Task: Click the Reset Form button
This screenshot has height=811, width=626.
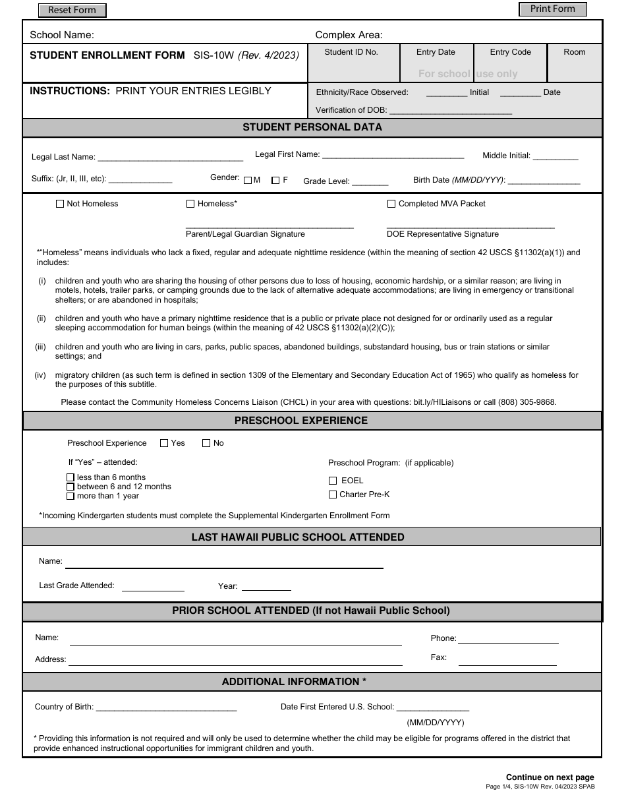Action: pos(72,10)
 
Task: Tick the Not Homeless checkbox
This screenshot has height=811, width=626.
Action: pos(61,204)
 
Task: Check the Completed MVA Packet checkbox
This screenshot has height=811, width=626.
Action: pos(391,204)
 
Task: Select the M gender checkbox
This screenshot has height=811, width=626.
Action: pos(248,180)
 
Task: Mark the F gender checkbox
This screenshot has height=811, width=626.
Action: pos(275,180)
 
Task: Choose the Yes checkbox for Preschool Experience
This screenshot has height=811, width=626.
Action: pos(164,444)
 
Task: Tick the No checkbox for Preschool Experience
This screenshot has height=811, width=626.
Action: pos(206,444)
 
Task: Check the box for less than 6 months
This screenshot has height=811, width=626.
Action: pos(71,477)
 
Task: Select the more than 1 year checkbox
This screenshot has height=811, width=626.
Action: pos(71,496)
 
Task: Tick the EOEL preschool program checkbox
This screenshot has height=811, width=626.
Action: pos(333,481)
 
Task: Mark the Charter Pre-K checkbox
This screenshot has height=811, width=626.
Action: pos(333,495)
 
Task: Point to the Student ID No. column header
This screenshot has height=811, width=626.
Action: pos(351,52)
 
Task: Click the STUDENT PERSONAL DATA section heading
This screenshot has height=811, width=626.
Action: pos(312,127)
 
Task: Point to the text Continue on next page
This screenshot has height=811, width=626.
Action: pos(550,777)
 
